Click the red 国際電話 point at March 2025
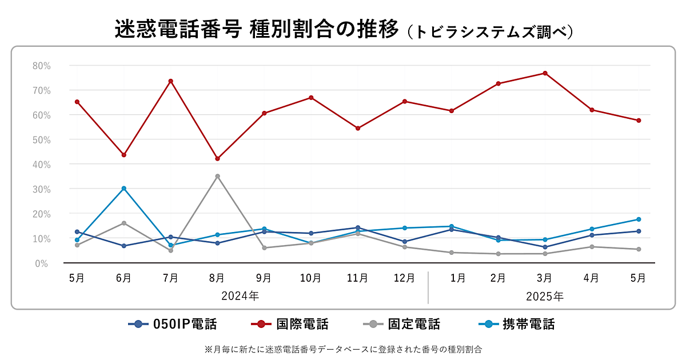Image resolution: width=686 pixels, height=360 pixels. (x=545, y=73)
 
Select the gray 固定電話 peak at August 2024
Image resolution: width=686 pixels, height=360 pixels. (x=217, y=176)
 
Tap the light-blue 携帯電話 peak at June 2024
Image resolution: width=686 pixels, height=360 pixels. (x=123, y=189)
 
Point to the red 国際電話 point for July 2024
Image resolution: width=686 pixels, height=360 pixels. (x=170, y=81)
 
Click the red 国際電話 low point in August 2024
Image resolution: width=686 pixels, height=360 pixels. (x=217, y=159)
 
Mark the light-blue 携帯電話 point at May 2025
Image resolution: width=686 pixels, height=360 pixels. (x=639, y=219)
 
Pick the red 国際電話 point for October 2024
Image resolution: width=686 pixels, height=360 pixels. (x=311, y=98)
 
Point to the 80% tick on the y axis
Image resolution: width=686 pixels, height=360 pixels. (x=41, y=66)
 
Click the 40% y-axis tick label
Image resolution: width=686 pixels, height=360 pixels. (x=41, y=165)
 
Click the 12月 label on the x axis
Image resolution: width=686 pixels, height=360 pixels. (x=404, y=278)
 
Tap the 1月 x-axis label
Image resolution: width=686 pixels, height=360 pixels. (x=457, y=278)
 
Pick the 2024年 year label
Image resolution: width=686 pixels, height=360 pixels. (x=240, y=297)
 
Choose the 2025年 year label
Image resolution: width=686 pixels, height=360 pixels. (x=544, y=297)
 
